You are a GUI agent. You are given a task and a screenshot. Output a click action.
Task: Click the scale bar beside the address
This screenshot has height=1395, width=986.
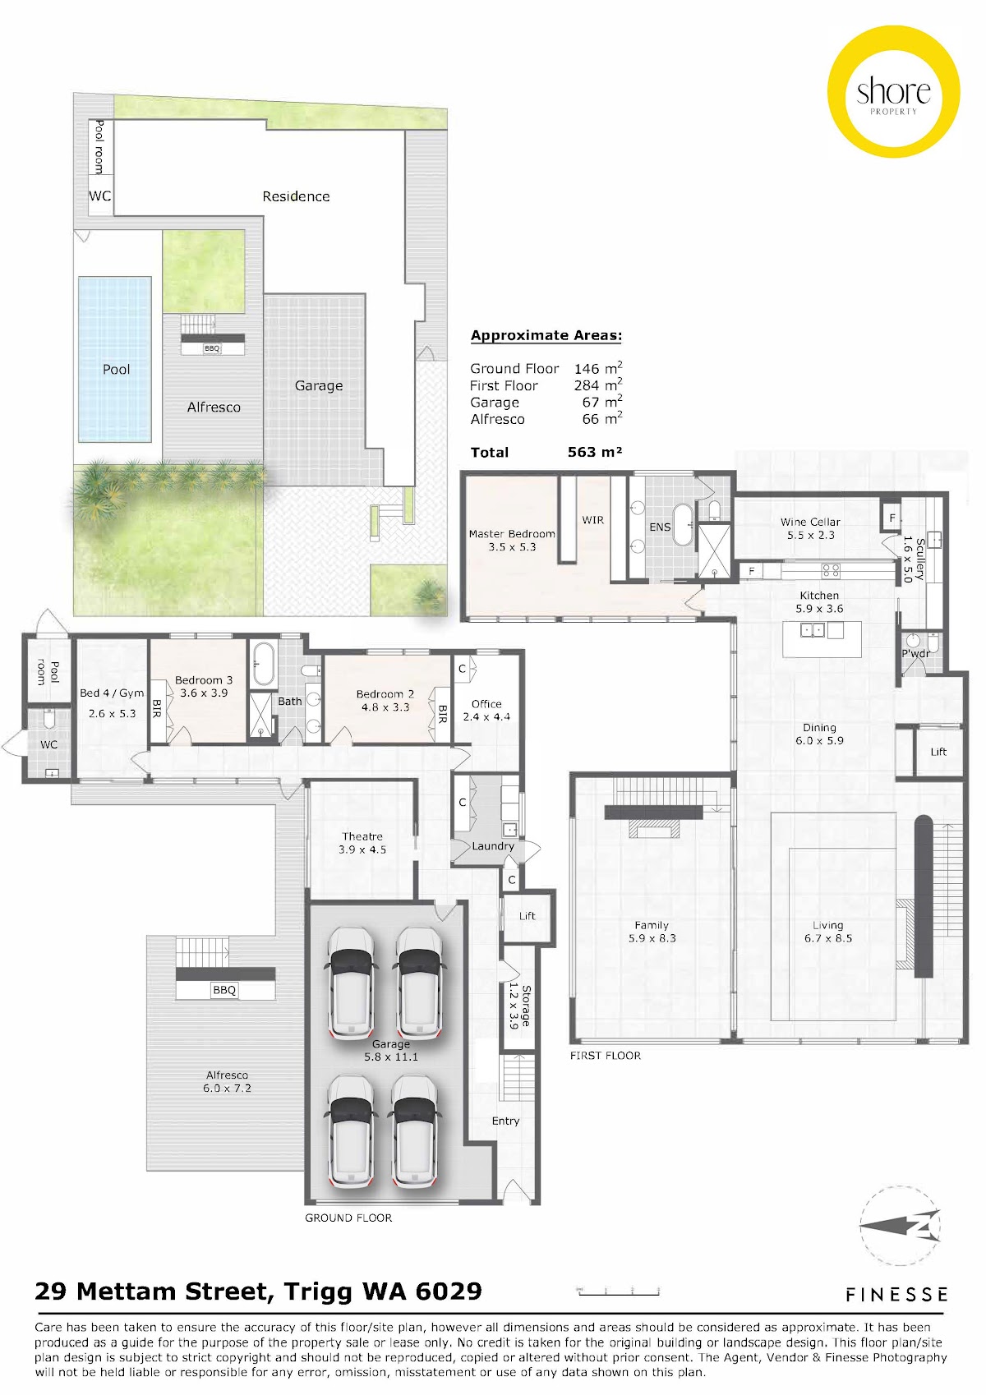point(619,1291)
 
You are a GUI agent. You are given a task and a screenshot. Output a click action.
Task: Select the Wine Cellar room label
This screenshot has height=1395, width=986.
point(810,528)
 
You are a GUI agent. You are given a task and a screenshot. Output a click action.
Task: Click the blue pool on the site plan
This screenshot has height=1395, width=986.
point(114,359)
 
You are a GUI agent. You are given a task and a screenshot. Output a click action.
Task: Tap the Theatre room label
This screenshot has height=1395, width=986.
point(362,843)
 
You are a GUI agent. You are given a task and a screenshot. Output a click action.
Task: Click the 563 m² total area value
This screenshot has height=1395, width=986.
point(595,452)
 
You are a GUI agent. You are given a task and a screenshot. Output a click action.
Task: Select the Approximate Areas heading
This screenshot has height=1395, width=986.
point(546,336)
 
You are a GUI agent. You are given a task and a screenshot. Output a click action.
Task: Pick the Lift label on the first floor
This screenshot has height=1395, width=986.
point(938,752)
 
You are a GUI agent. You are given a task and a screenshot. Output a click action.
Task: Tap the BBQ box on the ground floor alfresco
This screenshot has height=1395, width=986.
point(224,990)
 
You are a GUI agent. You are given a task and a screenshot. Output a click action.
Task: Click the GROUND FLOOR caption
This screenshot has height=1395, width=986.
point(348,1218)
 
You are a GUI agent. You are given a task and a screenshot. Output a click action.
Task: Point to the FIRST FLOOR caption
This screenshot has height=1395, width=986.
point(605,1055)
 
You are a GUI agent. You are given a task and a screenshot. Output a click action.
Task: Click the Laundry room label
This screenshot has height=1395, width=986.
point(493,845)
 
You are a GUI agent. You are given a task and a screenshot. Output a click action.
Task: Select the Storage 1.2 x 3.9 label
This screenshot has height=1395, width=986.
point(519,1006)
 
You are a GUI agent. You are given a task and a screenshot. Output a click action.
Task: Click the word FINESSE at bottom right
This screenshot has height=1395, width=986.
point(896,1295)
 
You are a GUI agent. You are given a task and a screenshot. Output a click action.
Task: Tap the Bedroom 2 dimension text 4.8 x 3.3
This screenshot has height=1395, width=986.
point(385,707)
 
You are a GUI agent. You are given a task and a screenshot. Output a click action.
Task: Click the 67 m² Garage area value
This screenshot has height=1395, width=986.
point(601,403)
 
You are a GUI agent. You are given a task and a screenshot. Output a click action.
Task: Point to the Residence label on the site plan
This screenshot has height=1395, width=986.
point(296,196)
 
